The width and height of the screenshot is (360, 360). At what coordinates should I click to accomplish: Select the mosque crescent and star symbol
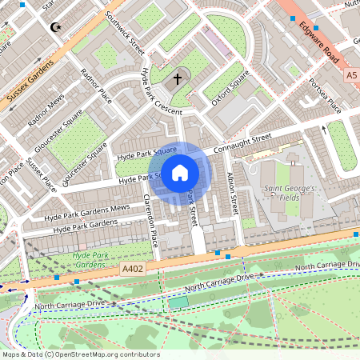[55, 27]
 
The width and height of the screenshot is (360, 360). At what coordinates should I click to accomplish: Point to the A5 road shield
[351, 74]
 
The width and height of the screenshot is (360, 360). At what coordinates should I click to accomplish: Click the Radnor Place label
[96, 86]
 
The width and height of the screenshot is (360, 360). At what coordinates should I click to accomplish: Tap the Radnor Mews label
[46, 112]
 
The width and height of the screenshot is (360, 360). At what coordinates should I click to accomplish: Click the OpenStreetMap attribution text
[81, 354]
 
